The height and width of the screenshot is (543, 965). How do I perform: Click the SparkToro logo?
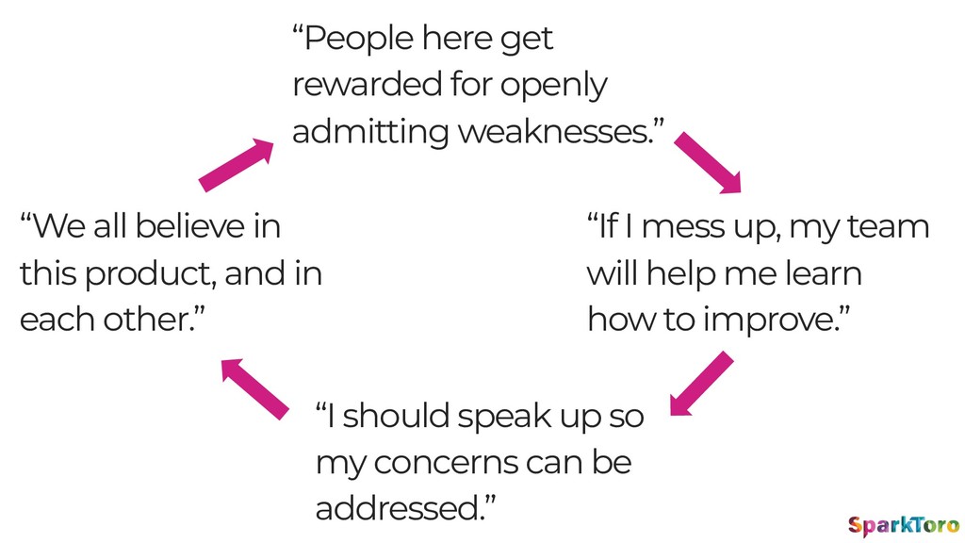point(903,526)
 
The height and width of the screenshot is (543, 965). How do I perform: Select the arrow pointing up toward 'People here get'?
point(237,164)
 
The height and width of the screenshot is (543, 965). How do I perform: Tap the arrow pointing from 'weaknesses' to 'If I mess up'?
point(708,162)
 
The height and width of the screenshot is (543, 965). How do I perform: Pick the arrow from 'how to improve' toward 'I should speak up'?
point(701,384)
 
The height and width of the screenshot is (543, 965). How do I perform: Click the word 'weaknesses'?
point(556,131)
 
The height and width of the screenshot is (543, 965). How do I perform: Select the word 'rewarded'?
point(367,84)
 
